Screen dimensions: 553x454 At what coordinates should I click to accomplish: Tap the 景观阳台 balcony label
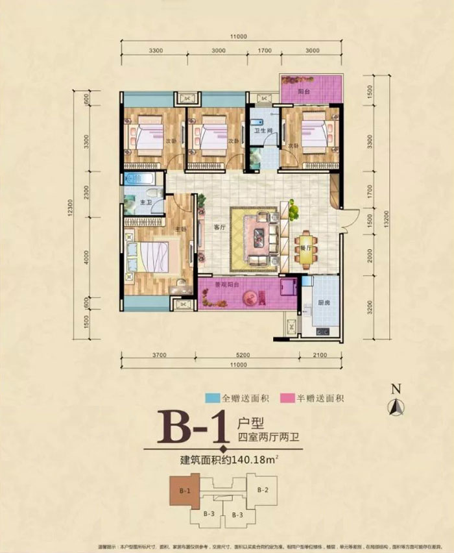point(228,284)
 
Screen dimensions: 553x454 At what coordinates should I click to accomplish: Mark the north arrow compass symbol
point(396,405)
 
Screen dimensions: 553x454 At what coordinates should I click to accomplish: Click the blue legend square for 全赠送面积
point(211,399)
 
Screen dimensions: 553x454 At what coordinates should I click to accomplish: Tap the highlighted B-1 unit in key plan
point(184,491)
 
